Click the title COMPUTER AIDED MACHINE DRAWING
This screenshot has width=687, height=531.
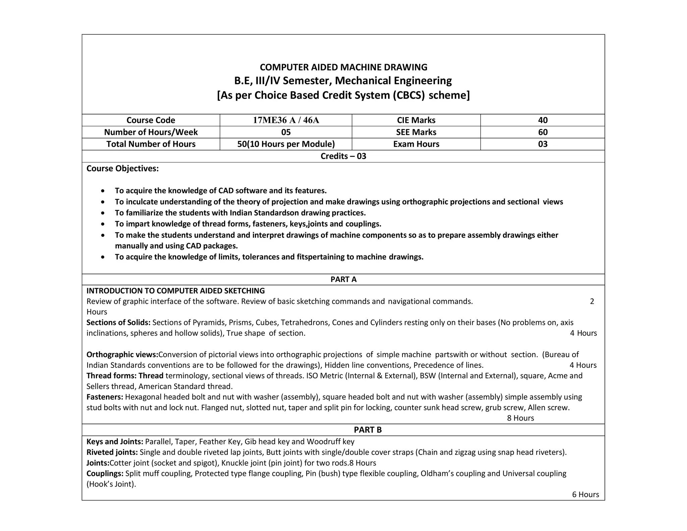[343, 67]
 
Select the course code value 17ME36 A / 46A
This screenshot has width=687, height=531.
[286, 120]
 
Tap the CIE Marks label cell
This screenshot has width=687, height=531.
[416, 120]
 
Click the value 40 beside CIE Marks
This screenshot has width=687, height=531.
[542, 120]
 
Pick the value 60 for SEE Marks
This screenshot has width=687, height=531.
[542, 132]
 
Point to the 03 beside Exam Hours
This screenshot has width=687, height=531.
[542, 144]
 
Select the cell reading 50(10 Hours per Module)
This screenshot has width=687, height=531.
[286, 144]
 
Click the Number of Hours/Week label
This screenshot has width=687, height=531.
[151, 132]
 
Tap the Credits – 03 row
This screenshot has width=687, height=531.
[343, 156]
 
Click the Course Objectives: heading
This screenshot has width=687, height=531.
[122, 168]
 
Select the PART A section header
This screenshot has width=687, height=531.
[343, 279]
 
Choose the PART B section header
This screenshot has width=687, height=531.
[368, 430]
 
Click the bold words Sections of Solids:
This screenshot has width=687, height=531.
[118, 323]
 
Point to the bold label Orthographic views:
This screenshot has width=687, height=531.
[122, 354]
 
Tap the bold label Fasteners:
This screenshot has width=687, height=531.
[105, 397]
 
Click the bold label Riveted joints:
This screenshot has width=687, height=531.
[112, 452]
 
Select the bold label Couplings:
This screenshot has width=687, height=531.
[105, 474]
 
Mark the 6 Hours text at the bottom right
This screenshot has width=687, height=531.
[585, 494]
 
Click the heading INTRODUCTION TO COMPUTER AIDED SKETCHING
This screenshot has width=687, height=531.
[175, 291]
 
